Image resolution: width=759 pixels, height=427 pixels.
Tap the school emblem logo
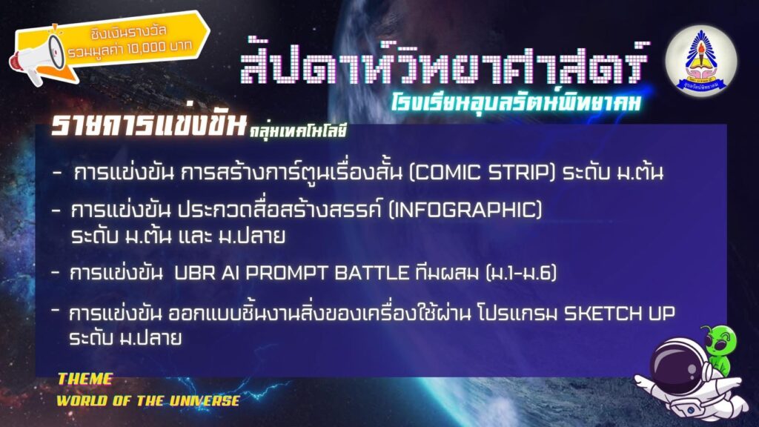click(x=701, y=61)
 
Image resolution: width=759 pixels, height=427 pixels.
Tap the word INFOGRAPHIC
click(x=465, y=210)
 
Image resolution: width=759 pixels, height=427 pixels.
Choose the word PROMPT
click(x=287, y=273)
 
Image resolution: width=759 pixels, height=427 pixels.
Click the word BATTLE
click(x=372, y=273)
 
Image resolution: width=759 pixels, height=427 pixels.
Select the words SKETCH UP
click(x=620, y=314)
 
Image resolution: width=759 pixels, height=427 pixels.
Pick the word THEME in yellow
click(x=85, y=379)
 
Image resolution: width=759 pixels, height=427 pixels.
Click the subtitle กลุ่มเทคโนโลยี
click(x=298, y=130)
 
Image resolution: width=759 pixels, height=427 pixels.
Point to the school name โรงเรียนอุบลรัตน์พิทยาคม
click(x=516, y=101)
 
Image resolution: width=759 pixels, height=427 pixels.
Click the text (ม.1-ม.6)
click(x=520, y=273)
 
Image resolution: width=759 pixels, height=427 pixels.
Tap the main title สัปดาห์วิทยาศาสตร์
click(x=443, y=61)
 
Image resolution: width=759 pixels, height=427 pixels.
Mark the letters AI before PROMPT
click(x=231, y=273)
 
